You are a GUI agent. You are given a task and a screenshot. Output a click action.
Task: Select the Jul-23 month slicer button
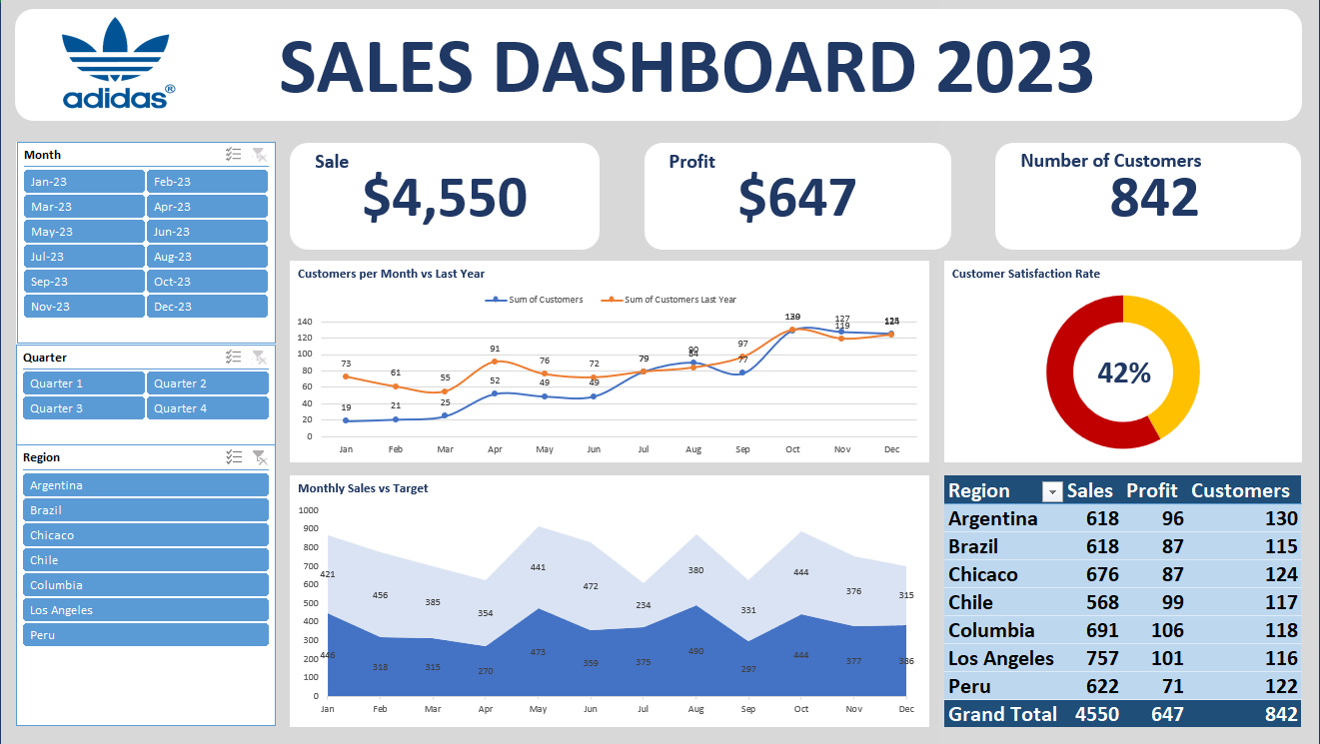pyautogui.click(x=84, y=257)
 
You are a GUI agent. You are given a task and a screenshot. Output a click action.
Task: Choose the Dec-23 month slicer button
pyautogui.click(x=207, y=307)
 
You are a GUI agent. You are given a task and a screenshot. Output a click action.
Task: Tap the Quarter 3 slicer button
pyautogui.click(x=84, y=408)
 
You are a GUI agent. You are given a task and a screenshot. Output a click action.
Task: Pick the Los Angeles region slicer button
pyautogui.click(x=146, y=610)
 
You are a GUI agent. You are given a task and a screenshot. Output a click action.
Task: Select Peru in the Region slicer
pyautogui.click(x=146, y=635)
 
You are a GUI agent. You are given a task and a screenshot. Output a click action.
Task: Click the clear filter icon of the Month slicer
pyautogui.click(x=259, y=155)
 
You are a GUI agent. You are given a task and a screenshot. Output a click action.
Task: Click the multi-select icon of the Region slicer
pyautogui.click(x=234, y=457)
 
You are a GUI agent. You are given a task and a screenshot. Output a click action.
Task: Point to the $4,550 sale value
pyautogui.click(x=444, y=198)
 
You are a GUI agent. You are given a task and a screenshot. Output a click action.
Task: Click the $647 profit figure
pyautogui.click(x=796, y=198)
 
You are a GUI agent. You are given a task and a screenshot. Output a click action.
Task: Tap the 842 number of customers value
pyautogui.click(x=1154, y=198)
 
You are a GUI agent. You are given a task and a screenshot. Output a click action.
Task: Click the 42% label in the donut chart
pyautogui.click(x=1123, y=373)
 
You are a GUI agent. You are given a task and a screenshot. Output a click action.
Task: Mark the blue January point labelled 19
pyautogui.click(x=346, y=420)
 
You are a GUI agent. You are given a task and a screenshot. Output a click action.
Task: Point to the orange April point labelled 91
pyautogui.click(x=495, y=362)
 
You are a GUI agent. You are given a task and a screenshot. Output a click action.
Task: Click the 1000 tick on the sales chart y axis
pyautogui.click(x=308, y=509)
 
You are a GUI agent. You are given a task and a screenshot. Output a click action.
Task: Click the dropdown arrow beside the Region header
pyautogui.click(x=1051, y=491)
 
